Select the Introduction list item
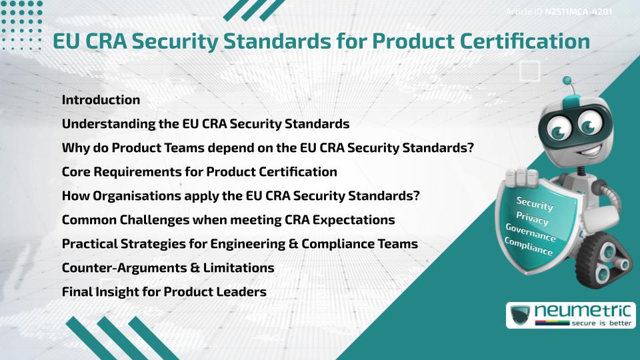point(101,100)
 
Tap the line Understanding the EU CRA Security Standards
point(205,124)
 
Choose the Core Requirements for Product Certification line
point(199,172)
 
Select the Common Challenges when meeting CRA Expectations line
point(228,220)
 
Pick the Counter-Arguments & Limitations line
point(168,268)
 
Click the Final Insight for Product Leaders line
point(164,292)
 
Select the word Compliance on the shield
point(528,247)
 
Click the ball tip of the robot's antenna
point(568,81)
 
